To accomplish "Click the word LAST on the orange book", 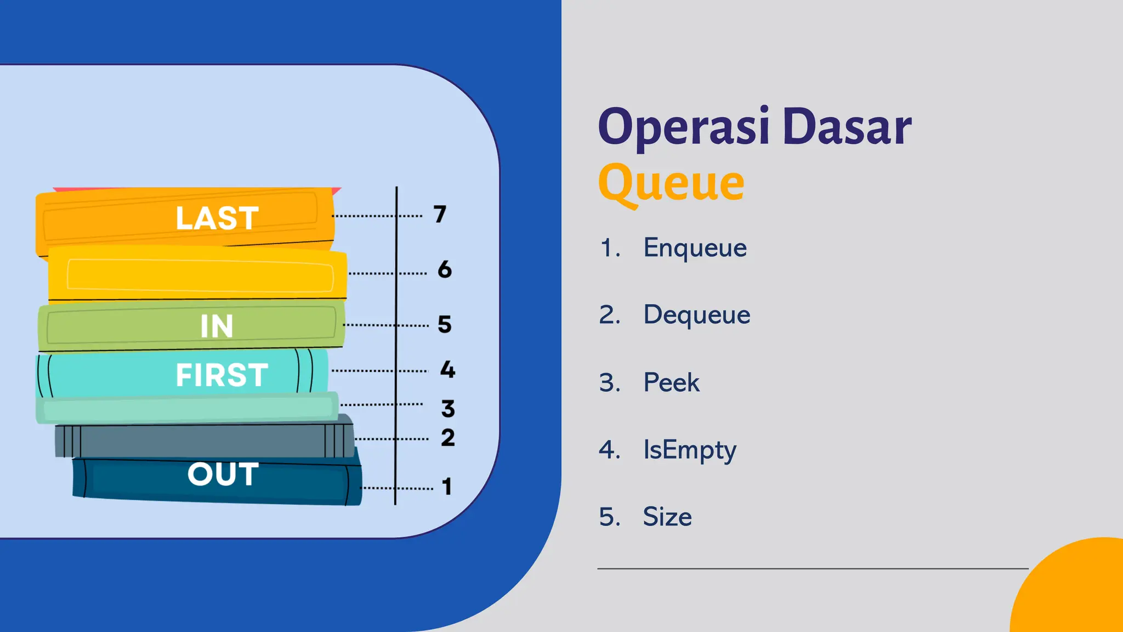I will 217,218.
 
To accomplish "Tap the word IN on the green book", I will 217,326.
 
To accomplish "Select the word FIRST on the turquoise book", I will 222,375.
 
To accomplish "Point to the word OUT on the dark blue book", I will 223,473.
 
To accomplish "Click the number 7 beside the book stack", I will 440,214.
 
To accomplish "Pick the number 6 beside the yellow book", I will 445,269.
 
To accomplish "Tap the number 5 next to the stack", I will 445,324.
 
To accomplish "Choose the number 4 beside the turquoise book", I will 447,369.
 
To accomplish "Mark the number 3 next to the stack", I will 448,408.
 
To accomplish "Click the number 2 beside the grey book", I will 448,437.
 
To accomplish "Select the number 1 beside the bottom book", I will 447,486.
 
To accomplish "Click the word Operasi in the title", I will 684,127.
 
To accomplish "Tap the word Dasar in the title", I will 847,127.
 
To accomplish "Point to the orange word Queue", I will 671,183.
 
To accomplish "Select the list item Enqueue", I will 695,247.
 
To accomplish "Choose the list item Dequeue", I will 696,315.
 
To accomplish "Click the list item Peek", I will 671,382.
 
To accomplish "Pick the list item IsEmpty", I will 689,450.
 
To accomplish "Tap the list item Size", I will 667,517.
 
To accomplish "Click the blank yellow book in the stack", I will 197,274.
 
